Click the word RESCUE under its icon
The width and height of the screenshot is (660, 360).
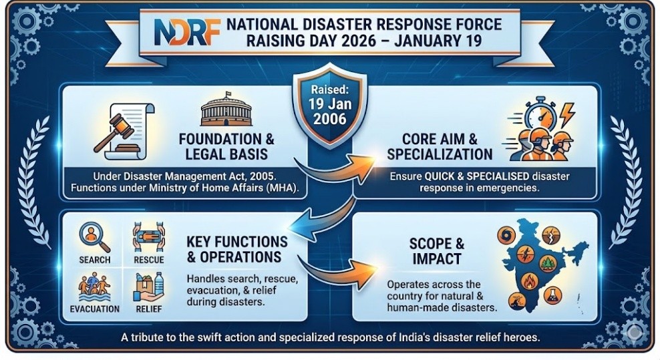(148, 259)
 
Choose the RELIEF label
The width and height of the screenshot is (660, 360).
(148, 309)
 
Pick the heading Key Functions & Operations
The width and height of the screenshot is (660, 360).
(236, 248)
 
